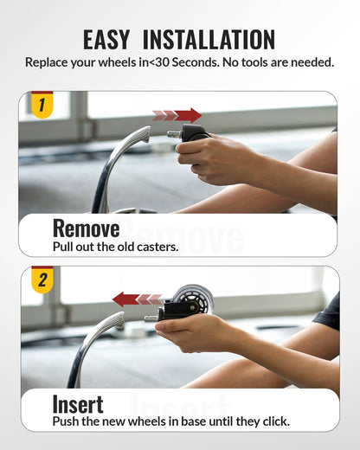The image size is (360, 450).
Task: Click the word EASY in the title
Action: (x=106, y=40)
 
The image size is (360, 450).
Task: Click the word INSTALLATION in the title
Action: (x=209, y=40)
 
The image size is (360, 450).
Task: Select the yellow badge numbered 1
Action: (x=42, y=105)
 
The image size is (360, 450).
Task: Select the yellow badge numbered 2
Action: (x=42, y=280)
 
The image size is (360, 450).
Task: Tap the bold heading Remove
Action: (x=86, y=228)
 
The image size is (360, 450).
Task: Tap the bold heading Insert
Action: (x=78, y=404)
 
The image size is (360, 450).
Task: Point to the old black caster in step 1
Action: (x=194, y=133)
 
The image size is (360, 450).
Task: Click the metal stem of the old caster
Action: (x=174, y=133)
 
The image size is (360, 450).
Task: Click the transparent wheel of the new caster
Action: (x=193, y=299)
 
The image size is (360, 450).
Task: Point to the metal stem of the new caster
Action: (x=151, y=318)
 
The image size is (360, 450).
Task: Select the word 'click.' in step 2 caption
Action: (x=276, y=421)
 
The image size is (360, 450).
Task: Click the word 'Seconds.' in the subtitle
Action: (x=196, y=62)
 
